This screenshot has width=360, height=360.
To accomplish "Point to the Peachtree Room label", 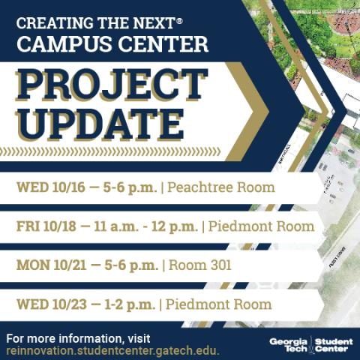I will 222,187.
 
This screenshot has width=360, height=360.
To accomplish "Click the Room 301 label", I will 200,265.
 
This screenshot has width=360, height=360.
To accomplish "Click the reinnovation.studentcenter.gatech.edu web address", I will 112,350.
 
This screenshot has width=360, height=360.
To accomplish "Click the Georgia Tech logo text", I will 289,345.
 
